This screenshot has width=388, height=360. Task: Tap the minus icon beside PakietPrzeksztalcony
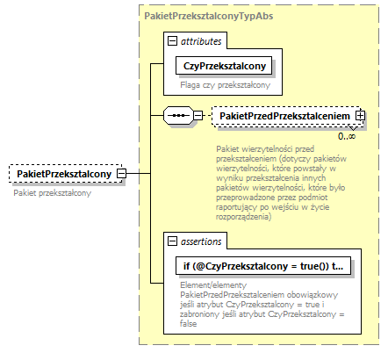tap(122, 174)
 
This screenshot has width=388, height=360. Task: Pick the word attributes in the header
tap(201, 40)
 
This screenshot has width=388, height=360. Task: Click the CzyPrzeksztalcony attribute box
tap(225, 66)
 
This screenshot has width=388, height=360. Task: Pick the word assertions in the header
tap(203, 240)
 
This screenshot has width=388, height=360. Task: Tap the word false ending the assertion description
tap(192, 324)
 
